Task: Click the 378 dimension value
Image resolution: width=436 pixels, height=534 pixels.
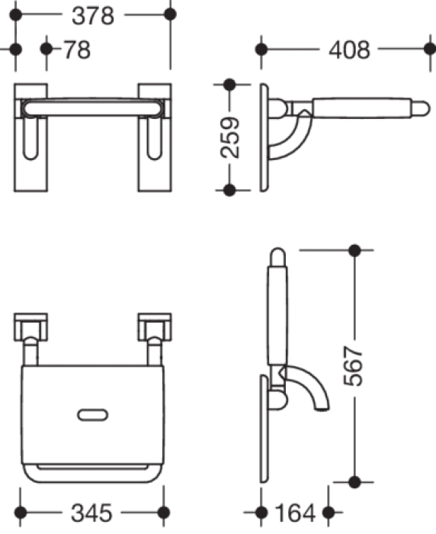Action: click(x=93, y=16)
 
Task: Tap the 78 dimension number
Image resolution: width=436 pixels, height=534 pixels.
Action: click(x=78, y=50)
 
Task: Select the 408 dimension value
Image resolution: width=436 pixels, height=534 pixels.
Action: click(x=349, y=50)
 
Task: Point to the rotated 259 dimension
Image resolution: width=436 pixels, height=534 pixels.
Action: click(x=230, y=137)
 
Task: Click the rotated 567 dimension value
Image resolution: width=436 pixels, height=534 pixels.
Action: click(x=354, y=366)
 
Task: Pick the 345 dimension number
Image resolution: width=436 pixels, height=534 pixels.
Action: click(x=91, y=513)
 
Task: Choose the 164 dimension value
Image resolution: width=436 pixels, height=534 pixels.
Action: click(x=295, y=513)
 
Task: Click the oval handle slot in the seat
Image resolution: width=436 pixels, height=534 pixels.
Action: click(x=92, y=415)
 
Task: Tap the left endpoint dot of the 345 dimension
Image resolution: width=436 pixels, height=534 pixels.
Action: click(x=21, y=512)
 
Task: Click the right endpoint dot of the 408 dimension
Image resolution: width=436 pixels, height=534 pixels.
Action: click(x=430, y=49)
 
